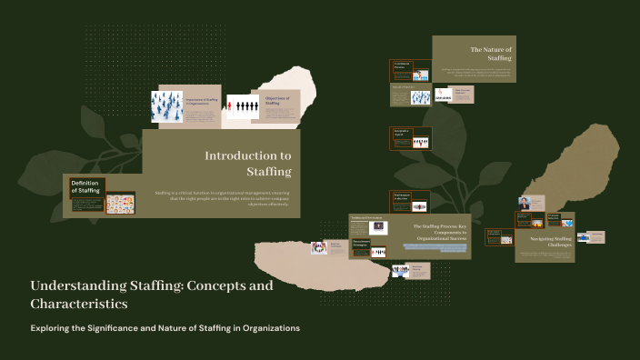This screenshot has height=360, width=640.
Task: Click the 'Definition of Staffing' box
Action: point(85,185)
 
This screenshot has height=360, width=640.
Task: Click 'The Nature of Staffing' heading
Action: point(491,53)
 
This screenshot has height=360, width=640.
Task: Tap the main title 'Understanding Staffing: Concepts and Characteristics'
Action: point(151,294)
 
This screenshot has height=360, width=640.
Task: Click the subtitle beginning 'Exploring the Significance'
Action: point(165,327)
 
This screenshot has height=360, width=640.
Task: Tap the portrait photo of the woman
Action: point(525,202)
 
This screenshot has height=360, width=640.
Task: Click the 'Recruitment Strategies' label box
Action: point(335,245)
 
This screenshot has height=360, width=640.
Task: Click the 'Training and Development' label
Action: point(368,217)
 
